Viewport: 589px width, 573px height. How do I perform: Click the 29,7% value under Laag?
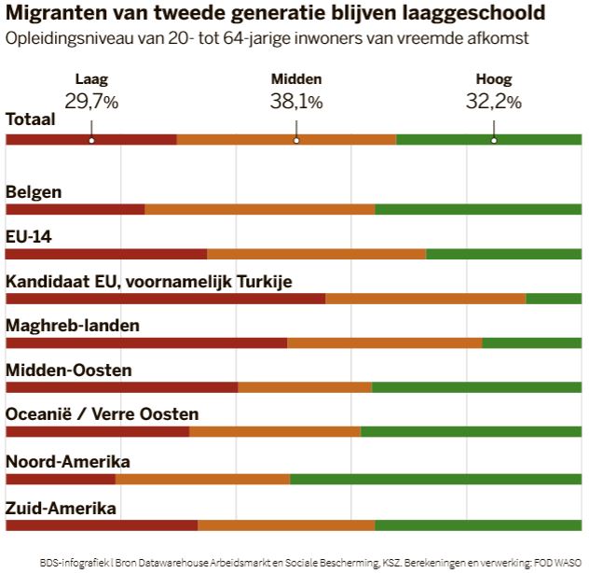[x=91, y=102]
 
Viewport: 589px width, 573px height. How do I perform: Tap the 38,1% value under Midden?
[x=296, y=102]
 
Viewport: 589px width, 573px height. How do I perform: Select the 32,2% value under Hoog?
[x=493, y=102]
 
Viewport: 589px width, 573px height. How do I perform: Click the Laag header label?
[x=91, y=80]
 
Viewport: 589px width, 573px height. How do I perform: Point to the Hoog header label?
[x=493, y=80]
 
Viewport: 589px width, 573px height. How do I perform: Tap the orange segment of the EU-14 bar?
[x=316, y=254]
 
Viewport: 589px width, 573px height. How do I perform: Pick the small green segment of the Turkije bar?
[x=554, y=299]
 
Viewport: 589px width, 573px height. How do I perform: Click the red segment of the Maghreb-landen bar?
[x=146, y=343]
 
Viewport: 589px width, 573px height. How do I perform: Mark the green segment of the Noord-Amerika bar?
[x=435, y=480]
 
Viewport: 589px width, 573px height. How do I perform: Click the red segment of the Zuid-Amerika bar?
[x=102, y=524]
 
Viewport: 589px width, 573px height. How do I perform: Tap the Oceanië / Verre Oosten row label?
[x=102, y=414]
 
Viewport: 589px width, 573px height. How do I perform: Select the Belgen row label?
[x=34, y=192]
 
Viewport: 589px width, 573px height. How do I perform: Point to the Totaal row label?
[x=31, y=119]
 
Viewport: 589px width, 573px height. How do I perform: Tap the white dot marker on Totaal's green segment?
[x=493, y=140]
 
